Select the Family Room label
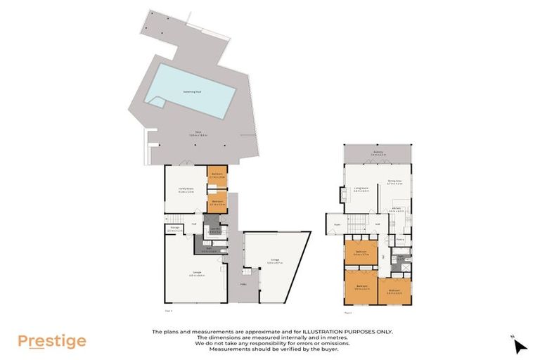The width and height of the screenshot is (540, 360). click(x=186, y=191)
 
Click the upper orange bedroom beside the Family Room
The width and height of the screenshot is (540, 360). click(x=217, y=177)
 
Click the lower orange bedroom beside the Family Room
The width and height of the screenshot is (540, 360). click(x=217, y=202)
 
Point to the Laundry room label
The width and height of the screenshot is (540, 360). click(x=214, y=230)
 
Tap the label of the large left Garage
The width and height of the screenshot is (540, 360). click(x=191, y=274)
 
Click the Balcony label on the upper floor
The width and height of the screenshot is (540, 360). click(x=378, y=153)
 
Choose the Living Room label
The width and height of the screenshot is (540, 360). click(x=361, y=189)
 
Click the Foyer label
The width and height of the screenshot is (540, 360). click(x=337, y=225)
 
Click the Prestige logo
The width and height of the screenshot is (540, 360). click(x=52, y=342)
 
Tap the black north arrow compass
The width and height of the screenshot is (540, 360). click(x=520, y=345)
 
